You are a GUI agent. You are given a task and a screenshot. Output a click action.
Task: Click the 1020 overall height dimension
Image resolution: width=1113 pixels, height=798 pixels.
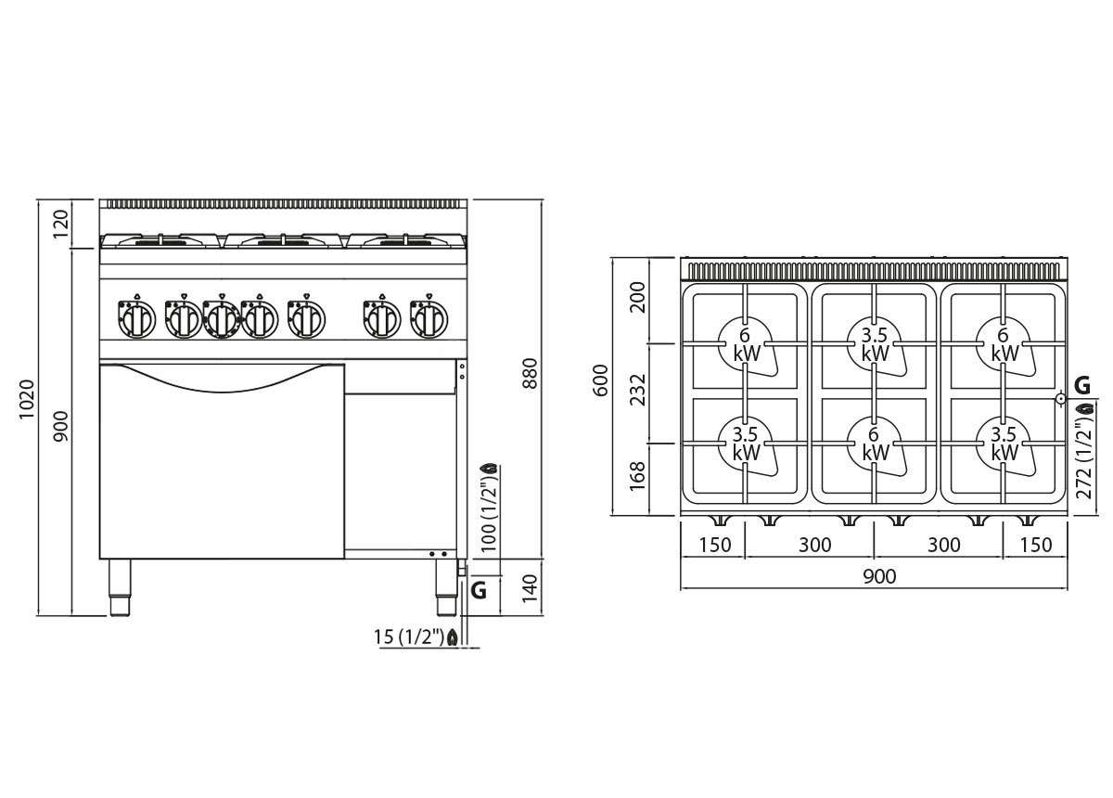pos(27,399)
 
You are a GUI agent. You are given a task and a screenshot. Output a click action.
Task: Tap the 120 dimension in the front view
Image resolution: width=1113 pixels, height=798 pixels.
pos(60,225)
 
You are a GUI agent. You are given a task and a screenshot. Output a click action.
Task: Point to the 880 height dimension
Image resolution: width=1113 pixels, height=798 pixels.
pos(531,373)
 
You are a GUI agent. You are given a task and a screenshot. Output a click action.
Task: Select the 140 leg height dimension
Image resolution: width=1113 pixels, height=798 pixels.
pos(531,588)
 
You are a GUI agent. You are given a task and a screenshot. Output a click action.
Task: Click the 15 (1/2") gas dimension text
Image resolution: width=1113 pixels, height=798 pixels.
pos(408,637)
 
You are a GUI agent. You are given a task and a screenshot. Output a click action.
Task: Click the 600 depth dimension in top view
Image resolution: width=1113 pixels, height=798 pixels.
pos(601,380)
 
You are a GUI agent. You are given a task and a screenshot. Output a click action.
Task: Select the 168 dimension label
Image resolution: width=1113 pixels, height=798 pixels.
pos(637,476)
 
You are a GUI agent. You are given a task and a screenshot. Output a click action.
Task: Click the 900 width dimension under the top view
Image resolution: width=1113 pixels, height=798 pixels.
pos(879,577)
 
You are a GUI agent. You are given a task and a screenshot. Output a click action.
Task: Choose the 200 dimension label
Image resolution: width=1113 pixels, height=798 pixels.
pos(637,297)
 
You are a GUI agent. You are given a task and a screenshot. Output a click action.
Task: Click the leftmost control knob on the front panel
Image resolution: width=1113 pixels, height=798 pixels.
pos(136,318)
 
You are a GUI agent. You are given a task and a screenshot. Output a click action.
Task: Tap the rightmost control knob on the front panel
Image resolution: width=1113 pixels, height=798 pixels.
pos(429,318)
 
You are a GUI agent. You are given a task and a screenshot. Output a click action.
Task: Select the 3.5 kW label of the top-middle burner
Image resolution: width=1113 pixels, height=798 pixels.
pos(875,344)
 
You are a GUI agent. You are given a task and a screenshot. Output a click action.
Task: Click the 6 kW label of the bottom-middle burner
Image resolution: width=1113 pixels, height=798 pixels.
pos(875,444)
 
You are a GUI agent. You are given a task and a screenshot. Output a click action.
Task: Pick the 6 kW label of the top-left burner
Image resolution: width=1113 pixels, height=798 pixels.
pos(747,344)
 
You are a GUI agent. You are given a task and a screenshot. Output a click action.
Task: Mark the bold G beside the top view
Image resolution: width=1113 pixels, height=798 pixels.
pos(1082,385)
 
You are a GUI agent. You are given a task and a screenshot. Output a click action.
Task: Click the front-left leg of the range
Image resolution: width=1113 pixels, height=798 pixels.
pos(120,587)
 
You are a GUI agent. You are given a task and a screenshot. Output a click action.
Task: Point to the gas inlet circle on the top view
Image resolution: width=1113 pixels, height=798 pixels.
pos(1060,398)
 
